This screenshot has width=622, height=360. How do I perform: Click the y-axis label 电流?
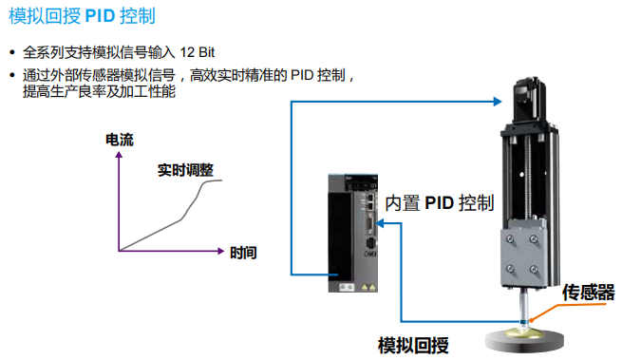point(120,140)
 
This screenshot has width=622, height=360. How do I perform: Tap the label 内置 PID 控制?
point(440,202)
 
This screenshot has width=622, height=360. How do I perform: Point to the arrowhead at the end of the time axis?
point(221,252)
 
